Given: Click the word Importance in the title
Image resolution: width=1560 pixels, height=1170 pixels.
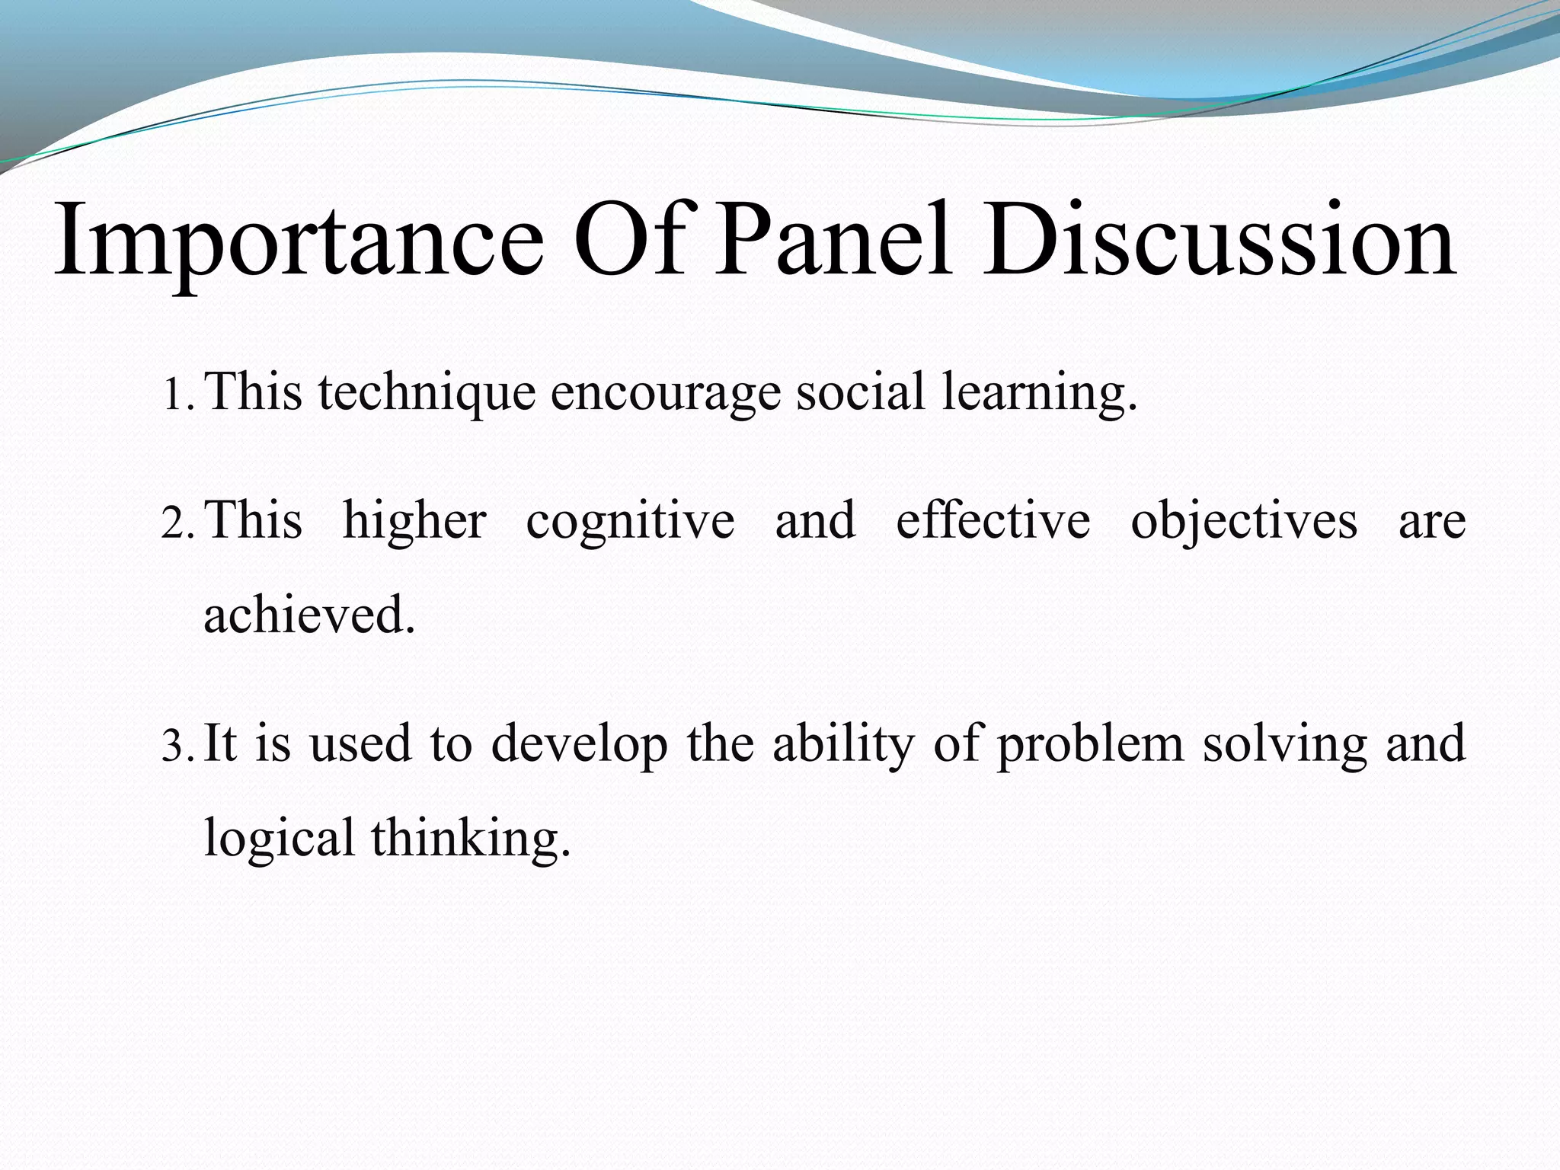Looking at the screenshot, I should tap(299, 242).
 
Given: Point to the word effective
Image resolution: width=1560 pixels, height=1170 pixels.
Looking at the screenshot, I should tap(993, 522).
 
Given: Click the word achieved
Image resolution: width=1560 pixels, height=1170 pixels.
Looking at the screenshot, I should tap(308, 615).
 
